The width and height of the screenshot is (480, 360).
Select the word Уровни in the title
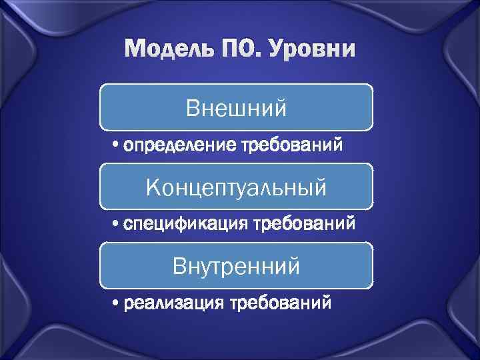[308, 50]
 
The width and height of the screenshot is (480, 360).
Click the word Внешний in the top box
[237, 107]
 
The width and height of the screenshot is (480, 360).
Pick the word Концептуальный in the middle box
[237, 187]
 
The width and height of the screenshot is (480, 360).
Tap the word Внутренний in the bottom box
[237, 266]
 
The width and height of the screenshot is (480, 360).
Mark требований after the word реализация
[279, 304]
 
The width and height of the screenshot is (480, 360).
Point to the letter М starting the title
[133, 50]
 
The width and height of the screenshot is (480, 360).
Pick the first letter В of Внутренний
[179, 266]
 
